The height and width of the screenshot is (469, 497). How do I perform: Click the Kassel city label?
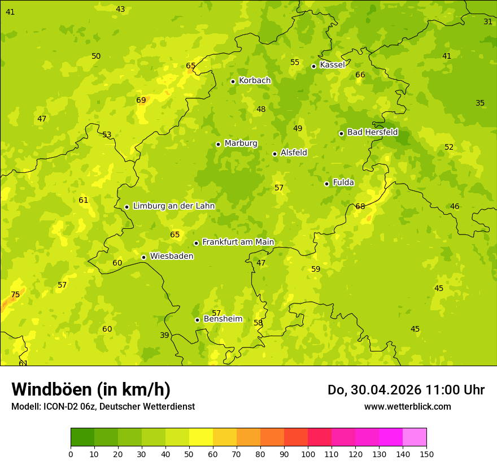[x=332, y=65]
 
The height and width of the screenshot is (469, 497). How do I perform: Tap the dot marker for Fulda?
[x=326, y=184]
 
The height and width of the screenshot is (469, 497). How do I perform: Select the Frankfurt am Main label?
[x=238, y=242]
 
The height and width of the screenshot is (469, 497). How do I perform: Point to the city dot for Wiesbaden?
[x=143, y=257]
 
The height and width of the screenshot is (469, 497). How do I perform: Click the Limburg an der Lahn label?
[x=174, y=206]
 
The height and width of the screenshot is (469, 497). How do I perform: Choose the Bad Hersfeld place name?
[x=372, y=132]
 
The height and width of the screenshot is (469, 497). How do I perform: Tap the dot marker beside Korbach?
[x=233, y=81]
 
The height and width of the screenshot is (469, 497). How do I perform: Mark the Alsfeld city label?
[x=294, y=153]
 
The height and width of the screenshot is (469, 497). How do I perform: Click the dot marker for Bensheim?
[x=197, y=320]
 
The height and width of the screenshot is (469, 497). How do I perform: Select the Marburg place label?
[x=241, y=144]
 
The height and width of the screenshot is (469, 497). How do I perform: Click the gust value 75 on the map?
[x=15, y=294]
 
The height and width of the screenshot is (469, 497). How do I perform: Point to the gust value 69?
[x=141, y=100]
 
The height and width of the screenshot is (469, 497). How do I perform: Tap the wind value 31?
[x=488, y=21]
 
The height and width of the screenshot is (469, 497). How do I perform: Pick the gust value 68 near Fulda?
[x=360, y=206]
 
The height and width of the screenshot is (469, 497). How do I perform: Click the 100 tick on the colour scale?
[x=308, y=454]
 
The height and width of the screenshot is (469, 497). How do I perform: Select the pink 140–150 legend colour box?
[x=415, y=437]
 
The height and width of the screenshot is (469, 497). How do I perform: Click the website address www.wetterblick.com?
[x=407, y=406]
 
